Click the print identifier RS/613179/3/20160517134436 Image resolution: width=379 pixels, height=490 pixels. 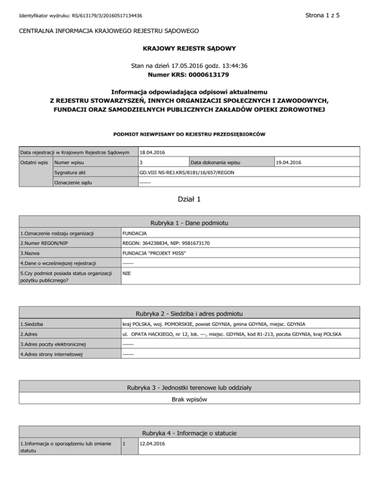click(108, 16)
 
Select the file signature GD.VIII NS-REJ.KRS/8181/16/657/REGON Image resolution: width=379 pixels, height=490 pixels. click(187, 173)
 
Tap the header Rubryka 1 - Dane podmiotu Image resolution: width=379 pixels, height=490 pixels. click(189, 223)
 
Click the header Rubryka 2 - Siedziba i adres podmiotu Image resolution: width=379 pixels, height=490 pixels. click(189, 314)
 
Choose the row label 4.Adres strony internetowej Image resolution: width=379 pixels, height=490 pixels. click(52, 354)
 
